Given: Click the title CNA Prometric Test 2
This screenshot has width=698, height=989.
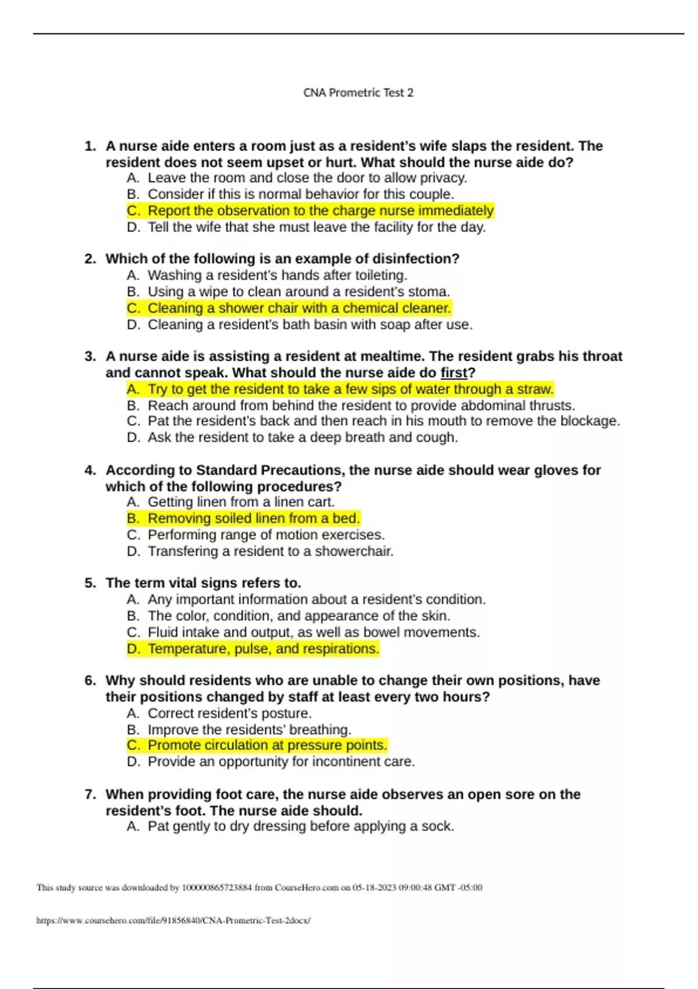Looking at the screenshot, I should [x=358, y=93].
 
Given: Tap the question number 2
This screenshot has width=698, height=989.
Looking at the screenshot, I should [x=90, y=259].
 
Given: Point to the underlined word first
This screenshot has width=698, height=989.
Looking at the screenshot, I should [x=454, y=373].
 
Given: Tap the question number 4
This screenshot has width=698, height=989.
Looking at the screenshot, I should [x=90, y=470].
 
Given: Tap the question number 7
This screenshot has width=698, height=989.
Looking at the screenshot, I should [x=90, y=795].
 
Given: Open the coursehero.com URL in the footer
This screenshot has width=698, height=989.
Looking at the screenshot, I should [x=173, y=920].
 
